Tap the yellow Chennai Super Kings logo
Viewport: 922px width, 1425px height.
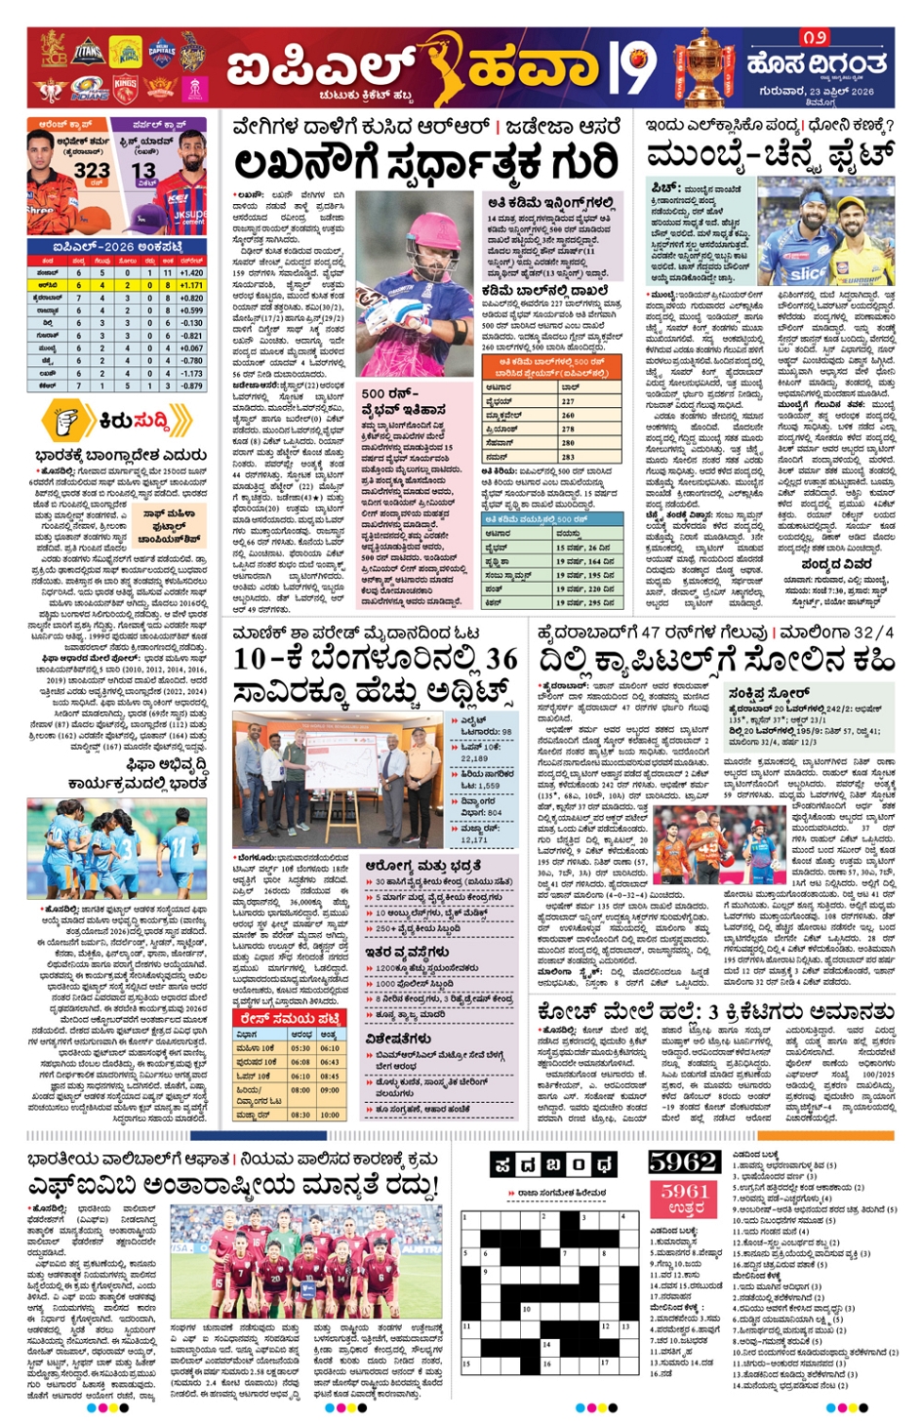click(x=125, y=49)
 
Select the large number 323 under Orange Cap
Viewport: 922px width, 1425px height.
click(x=92, y=170)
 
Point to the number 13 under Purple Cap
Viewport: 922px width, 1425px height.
click(x=144, y=171)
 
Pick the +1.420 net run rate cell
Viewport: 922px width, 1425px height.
click(x=191, y=273)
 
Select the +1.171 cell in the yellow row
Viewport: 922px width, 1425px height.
click(x=191, y=285)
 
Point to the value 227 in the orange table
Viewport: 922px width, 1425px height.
click(x=568, y=401)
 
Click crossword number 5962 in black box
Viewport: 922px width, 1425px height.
click(x=684, y=1161)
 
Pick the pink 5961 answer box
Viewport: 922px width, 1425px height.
click(x=684, y=1199)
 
